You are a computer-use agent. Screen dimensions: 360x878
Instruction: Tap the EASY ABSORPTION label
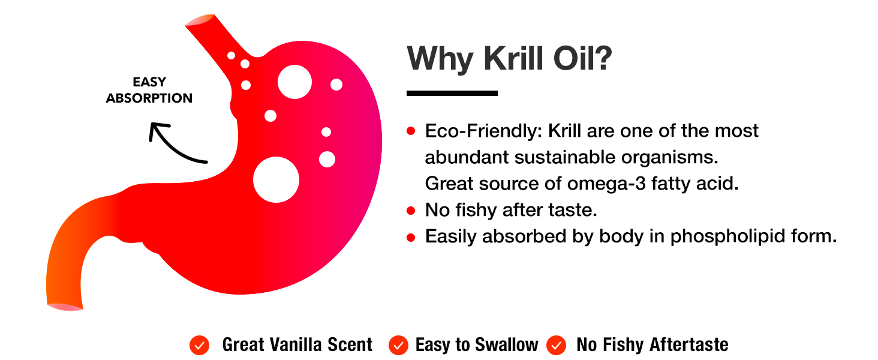pyautogui.click(x=149, y=90)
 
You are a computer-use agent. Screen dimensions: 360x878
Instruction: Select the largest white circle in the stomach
pyautogui.click(x=276, y=179)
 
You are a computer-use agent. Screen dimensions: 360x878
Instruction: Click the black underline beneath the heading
pyautogui.click(x=452, y=93)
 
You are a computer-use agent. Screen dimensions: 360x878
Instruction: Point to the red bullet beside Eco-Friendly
pyautogui.click(x=411, y=131)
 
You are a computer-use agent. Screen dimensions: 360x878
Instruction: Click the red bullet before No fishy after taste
pyautogui.click(x=411, y=210)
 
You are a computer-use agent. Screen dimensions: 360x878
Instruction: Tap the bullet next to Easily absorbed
pyautogui.click(x=411, y=237)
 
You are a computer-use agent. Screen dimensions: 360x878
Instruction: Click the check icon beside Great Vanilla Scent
pyautogui.click(x=199, y=345)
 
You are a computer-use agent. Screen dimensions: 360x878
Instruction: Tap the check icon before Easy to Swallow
pyautogui.click(x=398, y=345)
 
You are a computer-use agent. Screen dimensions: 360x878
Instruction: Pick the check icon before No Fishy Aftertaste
pyautogui.click(x=557, y=345)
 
